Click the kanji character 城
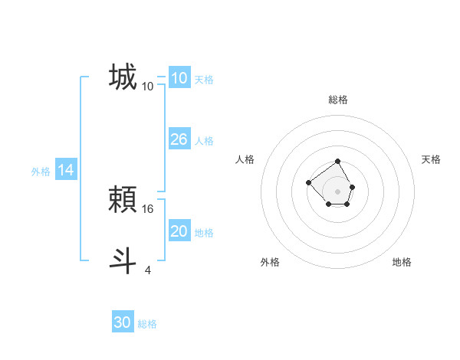(123, 77)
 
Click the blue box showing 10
(179, 78)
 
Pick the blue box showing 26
(179, 139)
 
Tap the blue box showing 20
(179, 231)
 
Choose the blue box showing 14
(66, 171)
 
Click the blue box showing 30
(123, 322)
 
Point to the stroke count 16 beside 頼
(149, 208)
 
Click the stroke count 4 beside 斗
(148, 270)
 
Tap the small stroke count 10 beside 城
(148, 87)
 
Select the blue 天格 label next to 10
(204, 80)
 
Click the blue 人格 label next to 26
(204, 141)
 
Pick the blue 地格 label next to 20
(204, 233)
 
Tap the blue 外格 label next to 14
(41, 172)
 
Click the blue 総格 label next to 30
(147, 324)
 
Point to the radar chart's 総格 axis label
(337, 100)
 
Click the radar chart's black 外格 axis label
(270, 262)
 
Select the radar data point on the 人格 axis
(308, 182)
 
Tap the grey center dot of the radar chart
(337, 191)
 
